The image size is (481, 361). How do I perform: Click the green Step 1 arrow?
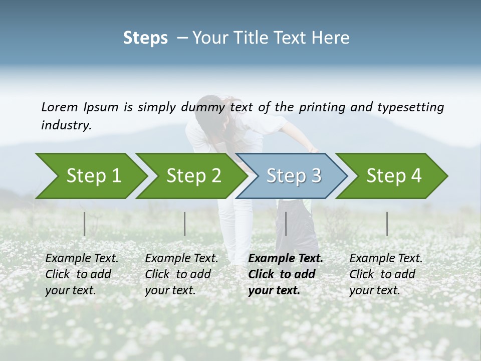(x=90, y=176)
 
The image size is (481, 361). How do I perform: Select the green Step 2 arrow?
(x=190, y=176)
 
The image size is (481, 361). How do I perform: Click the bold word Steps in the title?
(x=145, y=38)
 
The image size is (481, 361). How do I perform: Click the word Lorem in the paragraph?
(x=60, y=107)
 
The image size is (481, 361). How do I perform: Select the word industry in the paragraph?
(x=66, y=125)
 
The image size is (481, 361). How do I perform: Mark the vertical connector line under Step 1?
(x=85, y=224)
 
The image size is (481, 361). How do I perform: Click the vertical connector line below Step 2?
(x=185, y=224)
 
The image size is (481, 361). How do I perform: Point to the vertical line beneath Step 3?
(x=286, y=224)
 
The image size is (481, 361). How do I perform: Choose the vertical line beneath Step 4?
(x=387, y=224)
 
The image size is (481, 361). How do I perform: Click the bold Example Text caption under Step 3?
(x=286, y=274)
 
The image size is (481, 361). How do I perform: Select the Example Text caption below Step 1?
(x=82, y=274)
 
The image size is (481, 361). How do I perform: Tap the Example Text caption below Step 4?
(x=386, y=274)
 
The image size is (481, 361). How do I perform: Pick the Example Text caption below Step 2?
(x=181, y=274)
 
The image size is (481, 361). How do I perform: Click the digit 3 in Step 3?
(x=315, y=176)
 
